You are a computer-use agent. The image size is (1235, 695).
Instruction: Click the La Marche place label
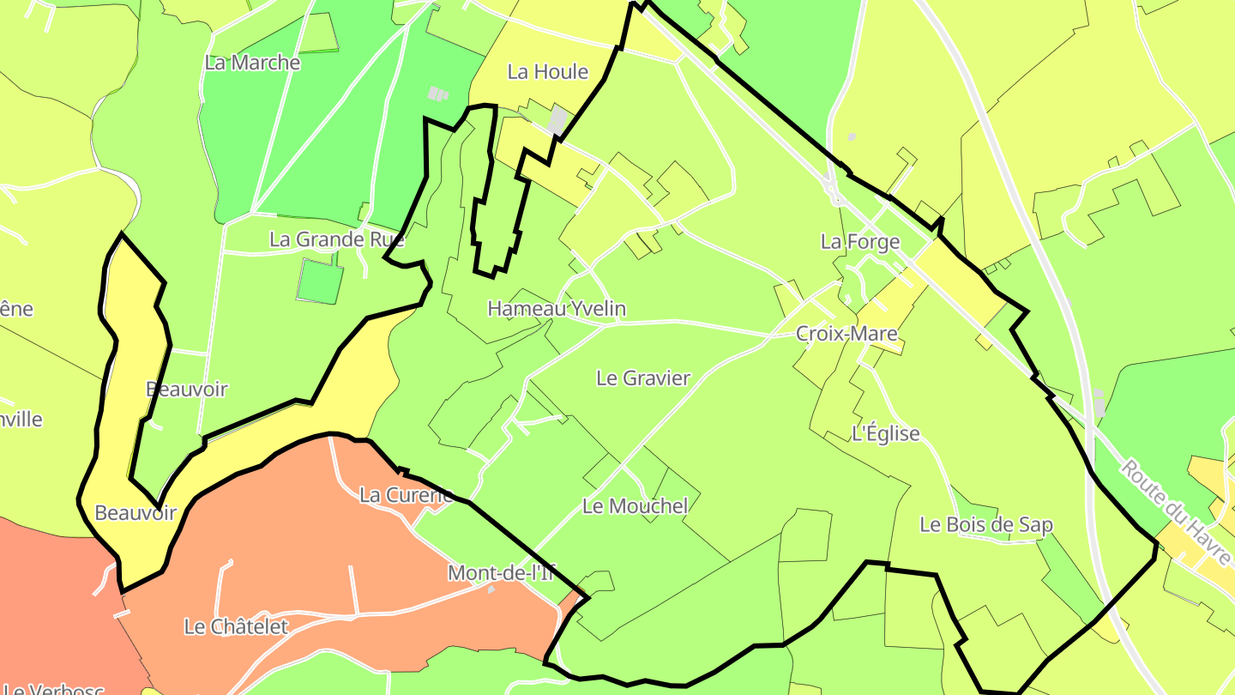pos(252,63)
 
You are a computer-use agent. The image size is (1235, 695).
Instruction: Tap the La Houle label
pos(547,72)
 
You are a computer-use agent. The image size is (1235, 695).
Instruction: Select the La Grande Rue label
pos(336,239)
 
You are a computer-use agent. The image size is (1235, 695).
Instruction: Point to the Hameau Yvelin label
pos(557,309)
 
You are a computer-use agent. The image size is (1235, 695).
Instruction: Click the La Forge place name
pos(859,242)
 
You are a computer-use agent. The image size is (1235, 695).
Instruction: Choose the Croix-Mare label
pos(846,334)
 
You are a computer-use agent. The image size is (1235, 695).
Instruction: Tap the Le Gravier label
pos(642,378)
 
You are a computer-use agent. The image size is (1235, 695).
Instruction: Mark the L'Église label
pos(885,434)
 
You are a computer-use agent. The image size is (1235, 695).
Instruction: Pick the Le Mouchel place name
pos(635,506)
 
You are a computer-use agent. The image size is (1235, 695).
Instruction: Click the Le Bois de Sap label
pos(985,525)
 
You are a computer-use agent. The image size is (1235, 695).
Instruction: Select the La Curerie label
pos(406,495)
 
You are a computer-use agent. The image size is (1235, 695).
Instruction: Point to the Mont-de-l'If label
pos(501,573)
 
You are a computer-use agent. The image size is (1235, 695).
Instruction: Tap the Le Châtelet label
pos(236,627)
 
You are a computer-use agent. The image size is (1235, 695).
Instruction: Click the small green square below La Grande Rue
pos(321,281)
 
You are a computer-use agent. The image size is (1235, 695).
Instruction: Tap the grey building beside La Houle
pos(558,120)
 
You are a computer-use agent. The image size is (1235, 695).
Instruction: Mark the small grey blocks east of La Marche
pos(438,93)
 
